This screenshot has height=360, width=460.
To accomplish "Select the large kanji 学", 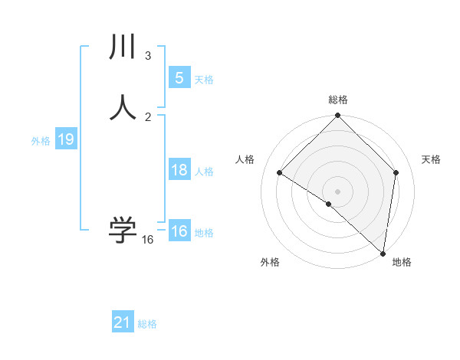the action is coord(123,230).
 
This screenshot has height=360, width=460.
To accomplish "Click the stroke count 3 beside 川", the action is coord(147,56).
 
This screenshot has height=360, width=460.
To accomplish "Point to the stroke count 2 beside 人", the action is coord(148,116).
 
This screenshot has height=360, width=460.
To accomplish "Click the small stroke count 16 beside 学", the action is coord(147,240).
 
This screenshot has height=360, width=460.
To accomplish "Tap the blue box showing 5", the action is coord(179,78).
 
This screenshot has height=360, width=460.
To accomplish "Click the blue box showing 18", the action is coord(179,170).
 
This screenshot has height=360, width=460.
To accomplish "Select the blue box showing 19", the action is coord(65,139).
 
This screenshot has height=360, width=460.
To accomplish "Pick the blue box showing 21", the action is coord(123,322).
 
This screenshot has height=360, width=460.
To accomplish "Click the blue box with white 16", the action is coord(179,231).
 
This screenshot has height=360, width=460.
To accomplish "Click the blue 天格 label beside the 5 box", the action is coord(204,80).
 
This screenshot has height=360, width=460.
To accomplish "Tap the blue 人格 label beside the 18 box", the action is coord(204,172).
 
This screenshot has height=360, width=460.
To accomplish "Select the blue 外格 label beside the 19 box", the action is coord(41,141).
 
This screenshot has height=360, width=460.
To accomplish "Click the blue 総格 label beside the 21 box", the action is coord(147,324).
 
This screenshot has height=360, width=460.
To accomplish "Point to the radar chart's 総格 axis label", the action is coord(338,100).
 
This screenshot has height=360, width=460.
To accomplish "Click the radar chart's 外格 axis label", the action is coord(270,262).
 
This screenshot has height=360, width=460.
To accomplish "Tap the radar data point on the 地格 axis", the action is coord(383,254).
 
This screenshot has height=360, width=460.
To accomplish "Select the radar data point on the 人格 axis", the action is coord(280,173).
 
